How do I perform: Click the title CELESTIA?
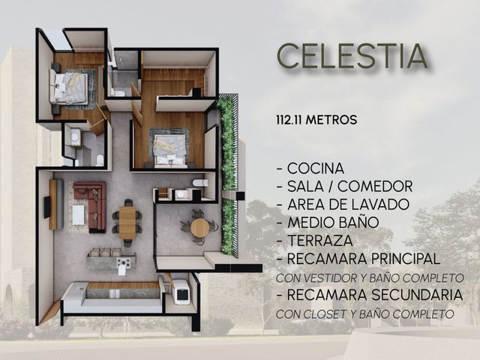(352, 56)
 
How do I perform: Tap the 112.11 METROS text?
(316, 120)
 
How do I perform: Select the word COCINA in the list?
(316, 168)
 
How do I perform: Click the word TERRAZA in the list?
(320, 241)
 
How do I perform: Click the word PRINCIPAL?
(406, 259)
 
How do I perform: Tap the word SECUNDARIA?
(417, 295)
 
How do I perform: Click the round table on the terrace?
(199, 227)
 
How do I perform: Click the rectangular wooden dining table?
(127, 223)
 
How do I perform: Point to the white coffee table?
(78, 215)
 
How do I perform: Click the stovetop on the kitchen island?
(124, 262)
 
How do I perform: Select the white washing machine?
(180, 292)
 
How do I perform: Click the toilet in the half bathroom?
(200, 183)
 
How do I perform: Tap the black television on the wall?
(46, 207)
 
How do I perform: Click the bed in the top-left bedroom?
(68, 88)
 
